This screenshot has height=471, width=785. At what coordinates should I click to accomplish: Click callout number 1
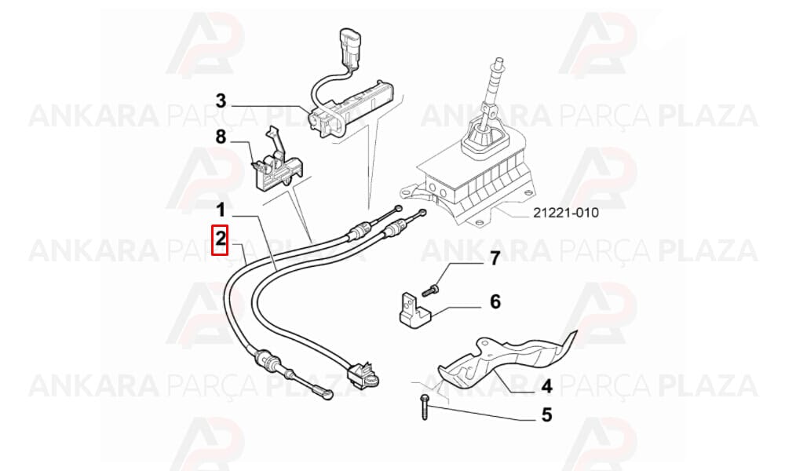pos(221,210)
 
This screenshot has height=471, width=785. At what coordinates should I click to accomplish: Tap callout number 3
pos(221,101)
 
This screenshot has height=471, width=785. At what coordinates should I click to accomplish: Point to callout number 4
pos(546,386)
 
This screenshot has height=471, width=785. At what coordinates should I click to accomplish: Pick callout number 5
pos(546,414)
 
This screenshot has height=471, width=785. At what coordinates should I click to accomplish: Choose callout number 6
pos(495,301)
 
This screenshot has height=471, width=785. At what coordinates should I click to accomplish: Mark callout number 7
pos(495,258)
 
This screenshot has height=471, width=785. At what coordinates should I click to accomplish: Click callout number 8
pos(221,136)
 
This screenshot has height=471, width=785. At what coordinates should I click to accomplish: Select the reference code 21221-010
pos(565,213)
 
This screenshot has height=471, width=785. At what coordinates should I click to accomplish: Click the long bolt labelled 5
pos(425,407)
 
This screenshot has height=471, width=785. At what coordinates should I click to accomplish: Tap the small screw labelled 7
pos(430,290)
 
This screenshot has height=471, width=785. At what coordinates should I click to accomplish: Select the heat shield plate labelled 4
pos(506,360)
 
